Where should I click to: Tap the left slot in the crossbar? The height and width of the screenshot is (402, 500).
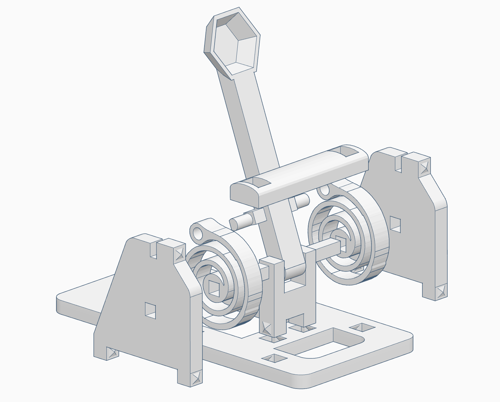point(259,182)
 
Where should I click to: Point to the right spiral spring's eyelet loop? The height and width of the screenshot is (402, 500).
point(324,190)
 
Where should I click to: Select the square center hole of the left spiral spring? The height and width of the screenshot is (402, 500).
point(214,288)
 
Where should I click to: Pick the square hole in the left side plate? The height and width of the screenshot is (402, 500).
point(150,310)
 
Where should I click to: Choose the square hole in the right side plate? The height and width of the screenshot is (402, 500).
point(395,224)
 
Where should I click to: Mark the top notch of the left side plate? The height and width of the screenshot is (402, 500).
point(154,251)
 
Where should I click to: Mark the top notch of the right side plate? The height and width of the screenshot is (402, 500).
point(399,163)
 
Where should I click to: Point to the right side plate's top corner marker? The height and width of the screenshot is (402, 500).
point(424,166)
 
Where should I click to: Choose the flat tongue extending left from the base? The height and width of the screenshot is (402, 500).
point(81,302)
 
